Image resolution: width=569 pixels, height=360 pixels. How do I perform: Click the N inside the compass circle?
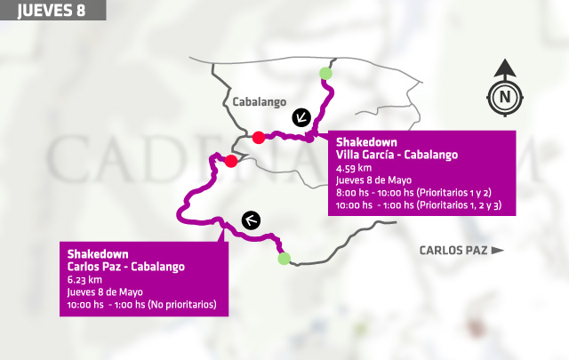[505, 97]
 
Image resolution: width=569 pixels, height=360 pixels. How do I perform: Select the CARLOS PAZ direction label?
[453, 251]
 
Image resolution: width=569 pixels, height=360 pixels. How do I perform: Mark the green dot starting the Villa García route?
[326, 73]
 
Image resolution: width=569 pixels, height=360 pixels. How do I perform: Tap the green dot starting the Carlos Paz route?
[284, 259]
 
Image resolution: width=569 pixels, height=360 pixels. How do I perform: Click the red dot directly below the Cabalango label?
[258, 137]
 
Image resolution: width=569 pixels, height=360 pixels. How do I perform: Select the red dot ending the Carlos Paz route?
[231, 161]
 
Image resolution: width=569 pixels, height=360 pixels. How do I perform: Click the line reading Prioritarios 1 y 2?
[413, 192]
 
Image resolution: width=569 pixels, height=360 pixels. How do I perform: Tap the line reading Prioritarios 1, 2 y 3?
[419, 205]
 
